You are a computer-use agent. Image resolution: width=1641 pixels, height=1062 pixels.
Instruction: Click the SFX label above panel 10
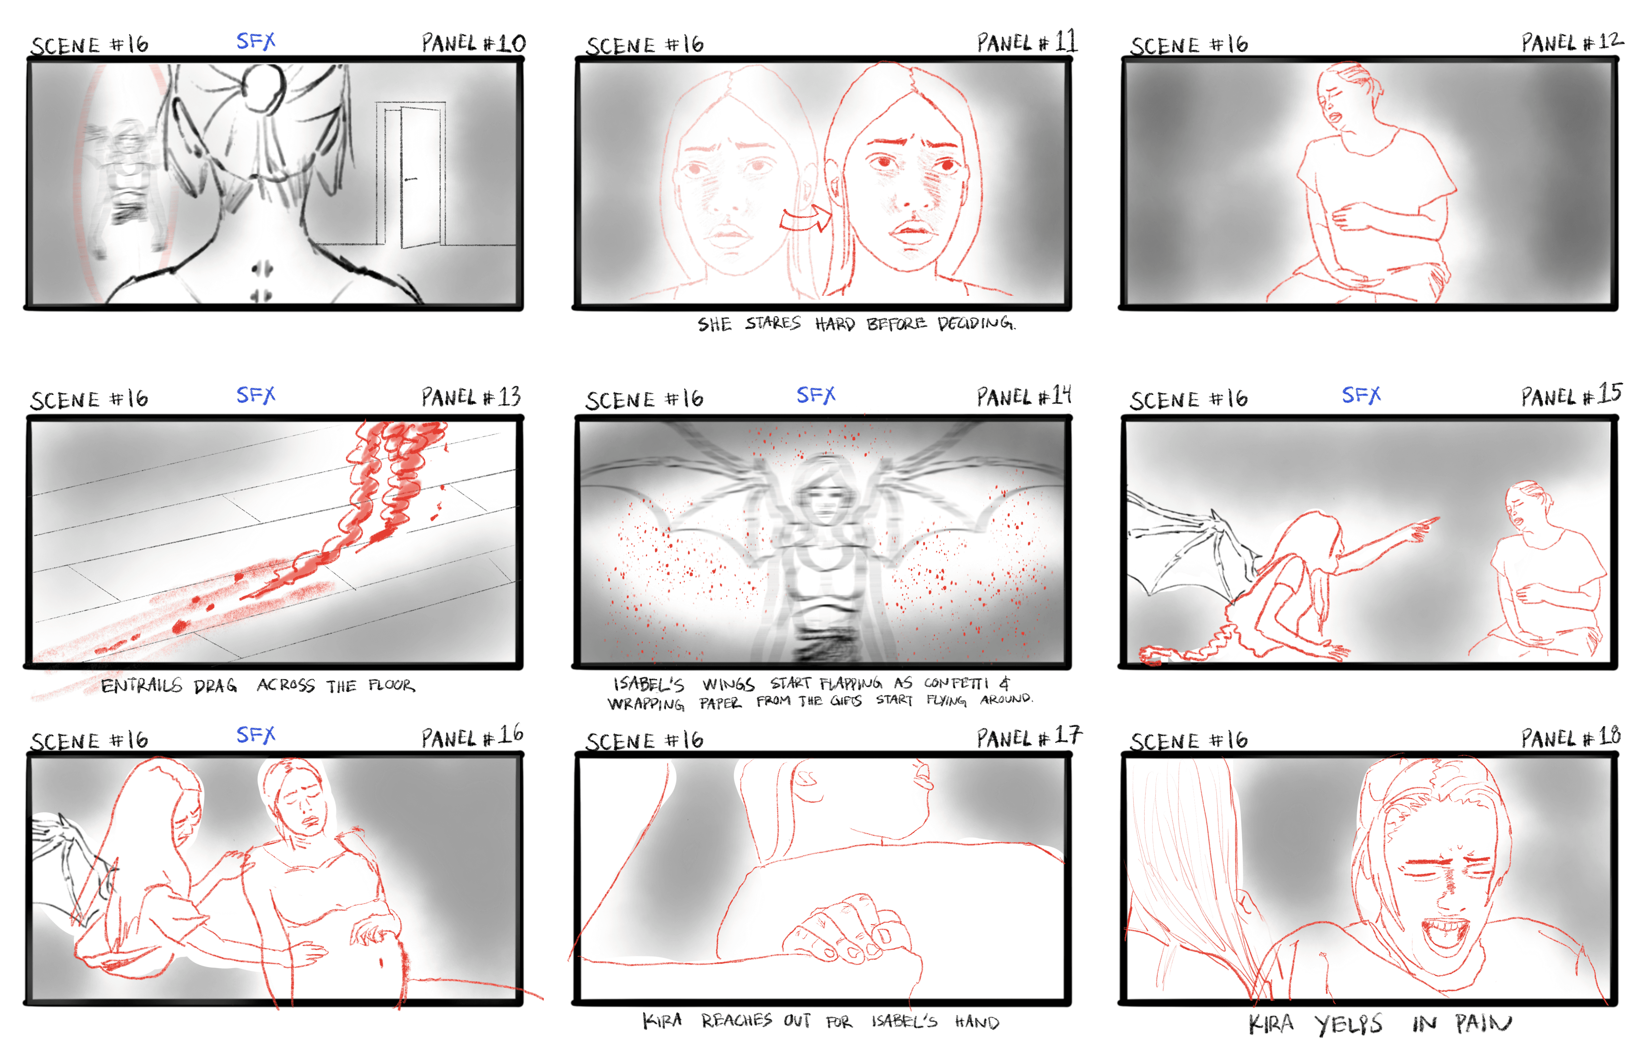pos(256,42)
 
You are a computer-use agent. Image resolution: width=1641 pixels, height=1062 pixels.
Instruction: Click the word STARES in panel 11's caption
pos(772,323)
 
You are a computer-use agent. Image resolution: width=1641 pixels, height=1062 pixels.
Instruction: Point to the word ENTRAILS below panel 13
pos(141,685)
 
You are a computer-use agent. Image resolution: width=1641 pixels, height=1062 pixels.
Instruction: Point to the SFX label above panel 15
pos(1361,395)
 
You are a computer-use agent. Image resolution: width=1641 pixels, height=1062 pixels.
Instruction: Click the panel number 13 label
pos(472,397)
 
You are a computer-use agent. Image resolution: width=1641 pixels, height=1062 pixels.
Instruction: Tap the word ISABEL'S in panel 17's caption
pos(904,1021)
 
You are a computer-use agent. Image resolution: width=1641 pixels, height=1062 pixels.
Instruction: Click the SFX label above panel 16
pos(256,735)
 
